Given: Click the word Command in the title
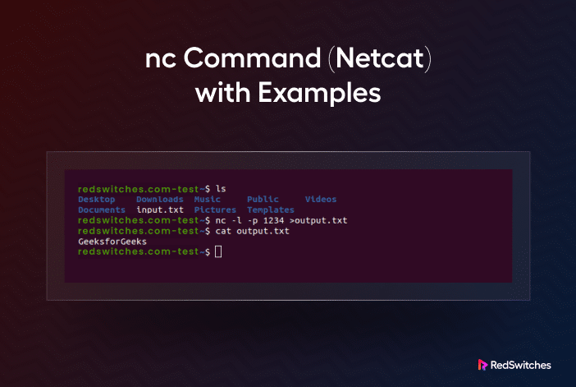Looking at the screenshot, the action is (252, 58).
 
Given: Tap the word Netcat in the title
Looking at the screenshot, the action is (380, 58).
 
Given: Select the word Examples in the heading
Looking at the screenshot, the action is (319, 93).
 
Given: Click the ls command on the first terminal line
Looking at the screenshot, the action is (221, 189).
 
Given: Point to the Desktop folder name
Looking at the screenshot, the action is (97, 200).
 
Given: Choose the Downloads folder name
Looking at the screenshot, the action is (160, 200).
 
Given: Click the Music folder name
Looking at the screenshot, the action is (208, 200).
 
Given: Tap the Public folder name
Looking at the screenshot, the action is (263, 200).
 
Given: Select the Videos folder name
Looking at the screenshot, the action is (321, 200).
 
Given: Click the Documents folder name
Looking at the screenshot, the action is (102, 210).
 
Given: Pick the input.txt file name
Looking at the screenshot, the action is (160, 210).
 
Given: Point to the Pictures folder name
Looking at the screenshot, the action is (215, 210).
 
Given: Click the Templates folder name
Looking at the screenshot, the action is (271, 210).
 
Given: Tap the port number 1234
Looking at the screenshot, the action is (274, 221).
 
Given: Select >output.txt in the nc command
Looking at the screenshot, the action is (318, 221).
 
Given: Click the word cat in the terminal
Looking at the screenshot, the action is (223, 231).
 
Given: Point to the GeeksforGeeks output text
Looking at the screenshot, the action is (112, 242).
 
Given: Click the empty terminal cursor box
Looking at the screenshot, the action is (218, 251).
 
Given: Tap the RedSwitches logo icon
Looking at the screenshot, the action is (482, 365).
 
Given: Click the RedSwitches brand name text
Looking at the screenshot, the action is (520, 366).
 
